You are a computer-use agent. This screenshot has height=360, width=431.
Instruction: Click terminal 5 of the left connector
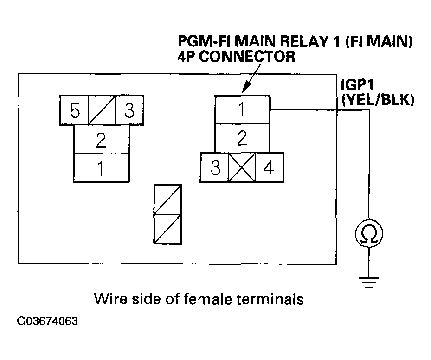[74, 110]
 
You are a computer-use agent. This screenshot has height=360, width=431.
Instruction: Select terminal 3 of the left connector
[129, 110]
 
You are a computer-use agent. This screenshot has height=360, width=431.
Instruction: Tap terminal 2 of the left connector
[101, 140]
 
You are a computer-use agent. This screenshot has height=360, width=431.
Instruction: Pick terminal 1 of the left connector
[101, 168]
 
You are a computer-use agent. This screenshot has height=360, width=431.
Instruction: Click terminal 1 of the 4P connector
[242, 109]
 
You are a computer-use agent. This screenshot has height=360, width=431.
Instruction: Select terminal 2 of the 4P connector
[242, 138]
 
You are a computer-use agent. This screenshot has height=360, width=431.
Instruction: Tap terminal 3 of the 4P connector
[214, 167]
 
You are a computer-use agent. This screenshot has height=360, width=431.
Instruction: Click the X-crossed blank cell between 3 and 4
[242, 167]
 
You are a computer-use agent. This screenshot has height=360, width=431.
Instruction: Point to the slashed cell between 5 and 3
[102, 110]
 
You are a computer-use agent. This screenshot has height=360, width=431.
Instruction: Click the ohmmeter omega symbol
[369, 234]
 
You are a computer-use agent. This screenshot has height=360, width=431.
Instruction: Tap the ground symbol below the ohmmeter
[369, 282]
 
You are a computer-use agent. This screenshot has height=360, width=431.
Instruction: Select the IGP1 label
[357, 84]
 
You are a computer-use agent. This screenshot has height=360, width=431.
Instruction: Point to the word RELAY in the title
[304, 41]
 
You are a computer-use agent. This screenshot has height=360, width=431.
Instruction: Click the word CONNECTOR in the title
[247, 57]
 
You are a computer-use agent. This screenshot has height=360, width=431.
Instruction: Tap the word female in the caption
[207, 299]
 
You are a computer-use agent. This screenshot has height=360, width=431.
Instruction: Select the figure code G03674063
[47, 321]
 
